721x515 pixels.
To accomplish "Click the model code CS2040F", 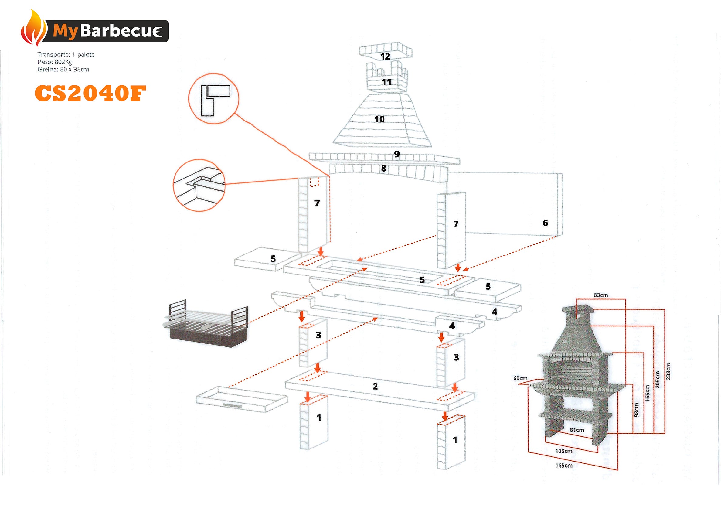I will point(90,94).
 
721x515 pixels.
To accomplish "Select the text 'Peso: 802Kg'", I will point(55,62).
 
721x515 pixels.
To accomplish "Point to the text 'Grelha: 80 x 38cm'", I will point(63,69).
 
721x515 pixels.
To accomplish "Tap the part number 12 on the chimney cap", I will point(385,56).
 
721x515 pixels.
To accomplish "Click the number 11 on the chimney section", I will point(386,82).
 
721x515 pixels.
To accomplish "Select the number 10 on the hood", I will point(379,119).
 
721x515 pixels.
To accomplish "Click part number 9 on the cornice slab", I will point(397,154).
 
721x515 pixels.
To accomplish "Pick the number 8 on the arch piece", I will point(384,169).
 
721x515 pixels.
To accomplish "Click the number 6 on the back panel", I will point(545,223).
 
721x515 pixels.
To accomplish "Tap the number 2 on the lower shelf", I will point(375,386).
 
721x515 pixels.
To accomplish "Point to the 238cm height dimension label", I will point(668,371).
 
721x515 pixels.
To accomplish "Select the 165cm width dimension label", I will point(563,466).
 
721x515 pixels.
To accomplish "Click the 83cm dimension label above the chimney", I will point(600,295).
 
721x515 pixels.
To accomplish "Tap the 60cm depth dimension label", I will point(520,378).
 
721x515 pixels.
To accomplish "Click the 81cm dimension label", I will point(577,430).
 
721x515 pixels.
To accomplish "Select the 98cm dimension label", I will point(636,410).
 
